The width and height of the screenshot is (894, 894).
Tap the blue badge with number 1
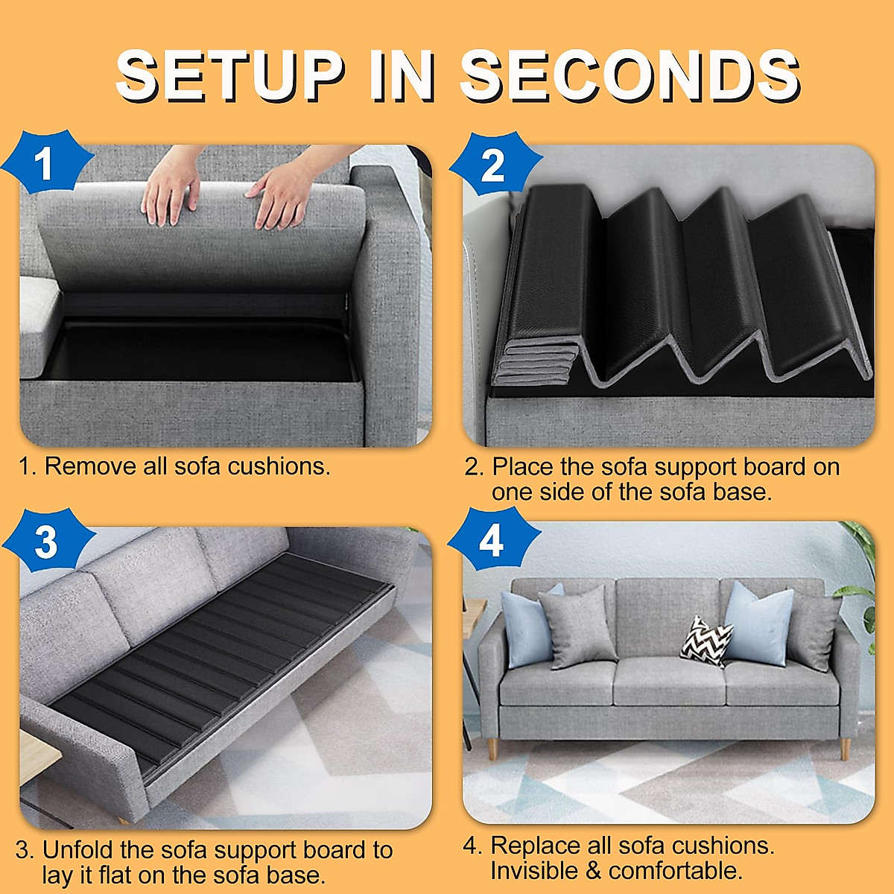click(x=45, y=163)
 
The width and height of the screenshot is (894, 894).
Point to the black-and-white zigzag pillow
click(x=706, y=639)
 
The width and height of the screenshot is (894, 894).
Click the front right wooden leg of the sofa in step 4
click(x=845, y=748)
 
